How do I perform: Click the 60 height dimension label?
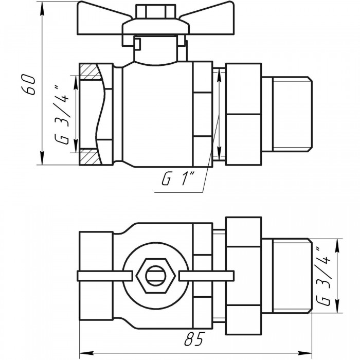pyautogui.click(x=29, y=84)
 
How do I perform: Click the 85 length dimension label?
pyautogui.click(x=194, y=338)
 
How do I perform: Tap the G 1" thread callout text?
pyautogui.click(x=178, y=179)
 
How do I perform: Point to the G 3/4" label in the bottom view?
pyautogui.click(x=323, y=276)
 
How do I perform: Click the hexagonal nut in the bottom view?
pyautogui.click(x=156, y=276)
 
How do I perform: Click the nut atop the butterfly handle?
pyautogui.click(x=150, y=12)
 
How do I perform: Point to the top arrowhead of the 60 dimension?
pyautogui.click(x=42, y=8)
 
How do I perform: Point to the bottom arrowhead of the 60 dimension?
pyautogui.click(x=42, y=158)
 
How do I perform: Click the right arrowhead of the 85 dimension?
pyautogui.click(x=304, y=353)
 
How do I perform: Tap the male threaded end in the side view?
pyautogui.click(x=286, y=114)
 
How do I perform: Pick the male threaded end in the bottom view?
pyautogui.click(x=286, y=276)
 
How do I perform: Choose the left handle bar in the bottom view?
pyautogui.click(x=105, y=276)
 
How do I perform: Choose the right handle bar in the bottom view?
pyautogui.click(x=206, y=276)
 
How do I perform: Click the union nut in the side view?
pyautogui.click(x=244, y=114)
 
